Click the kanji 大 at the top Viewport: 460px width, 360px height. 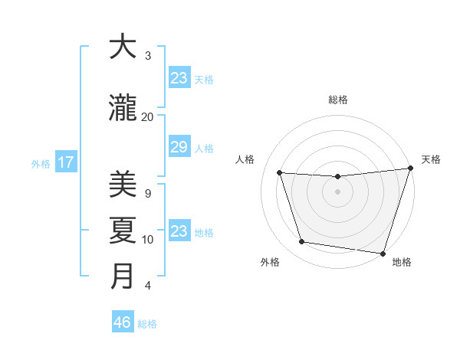(123, 47)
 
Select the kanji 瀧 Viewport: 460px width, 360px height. (123, 109)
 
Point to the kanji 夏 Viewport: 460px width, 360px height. (123, 231)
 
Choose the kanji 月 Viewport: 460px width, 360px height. (123, 277)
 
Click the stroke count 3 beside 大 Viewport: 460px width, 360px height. (148, 56)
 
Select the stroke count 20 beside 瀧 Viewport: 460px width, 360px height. (148, 116)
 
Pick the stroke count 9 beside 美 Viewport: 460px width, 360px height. (148, 193)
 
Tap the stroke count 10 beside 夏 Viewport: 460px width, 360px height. (148, 240)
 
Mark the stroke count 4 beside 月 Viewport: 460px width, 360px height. (148, 286)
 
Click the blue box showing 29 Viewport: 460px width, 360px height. (179, 148)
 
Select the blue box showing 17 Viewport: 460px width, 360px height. (65, 162)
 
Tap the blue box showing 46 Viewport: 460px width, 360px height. (122, 322)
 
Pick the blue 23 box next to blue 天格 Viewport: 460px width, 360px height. (179, 78)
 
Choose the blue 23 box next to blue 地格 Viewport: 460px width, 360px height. (179, 231)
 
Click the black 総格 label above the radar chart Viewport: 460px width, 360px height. (338, 100)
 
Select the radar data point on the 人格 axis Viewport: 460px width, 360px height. (280, 173)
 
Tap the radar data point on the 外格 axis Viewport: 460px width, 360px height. (302, 242)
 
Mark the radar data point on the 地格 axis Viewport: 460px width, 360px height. (383, 253)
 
